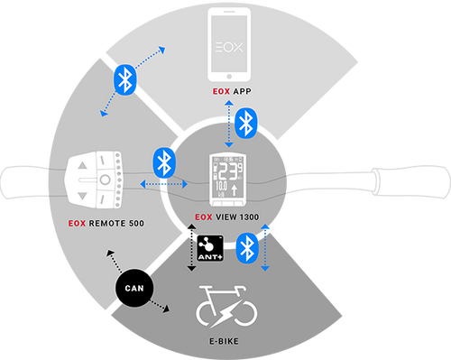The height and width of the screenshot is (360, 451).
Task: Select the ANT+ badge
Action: click(207, 247)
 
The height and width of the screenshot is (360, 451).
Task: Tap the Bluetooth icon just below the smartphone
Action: click(244, 125)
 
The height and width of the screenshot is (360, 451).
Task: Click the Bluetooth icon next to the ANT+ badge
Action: click(246, 248)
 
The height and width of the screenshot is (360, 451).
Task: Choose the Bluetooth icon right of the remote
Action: click(163, 162)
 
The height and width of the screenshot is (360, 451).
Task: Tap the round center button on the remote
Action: click(104, 179)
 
